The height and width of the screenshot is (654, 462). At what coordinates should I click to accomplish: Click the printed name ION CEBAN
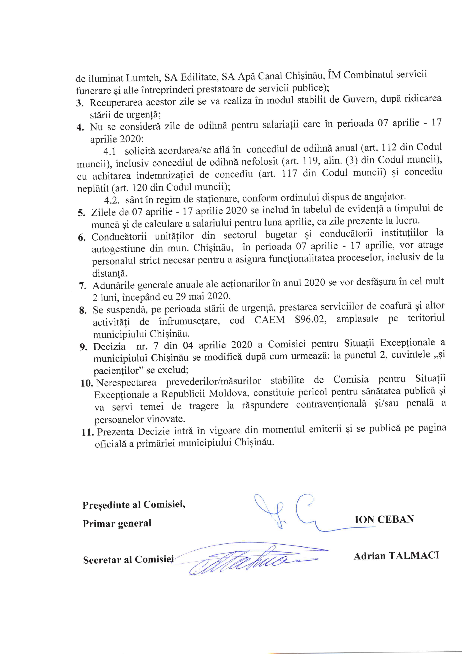[384, 519]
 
